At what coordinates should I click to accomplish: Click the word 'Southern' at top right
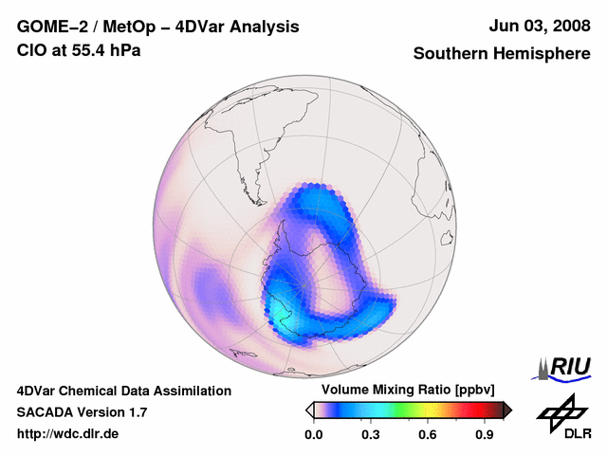(x=448, y=54)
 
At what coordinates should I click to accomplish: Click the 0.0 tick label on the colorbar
(x=313, y=435)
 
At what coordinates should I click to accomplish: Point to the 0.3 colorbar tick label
(x=371, y=435)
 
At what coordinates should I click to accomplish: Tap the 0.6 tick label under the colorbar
(x=429, y=435)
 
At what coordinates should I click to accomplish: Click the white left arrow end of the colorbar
(x=309, y=409)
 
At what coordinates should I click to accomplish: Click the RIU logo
(x=565, y=366)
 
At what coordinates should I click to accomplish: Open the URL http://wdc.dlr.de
(x=67, y=435)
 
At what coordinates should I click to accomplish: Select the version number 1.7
(x=136, y=413)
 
